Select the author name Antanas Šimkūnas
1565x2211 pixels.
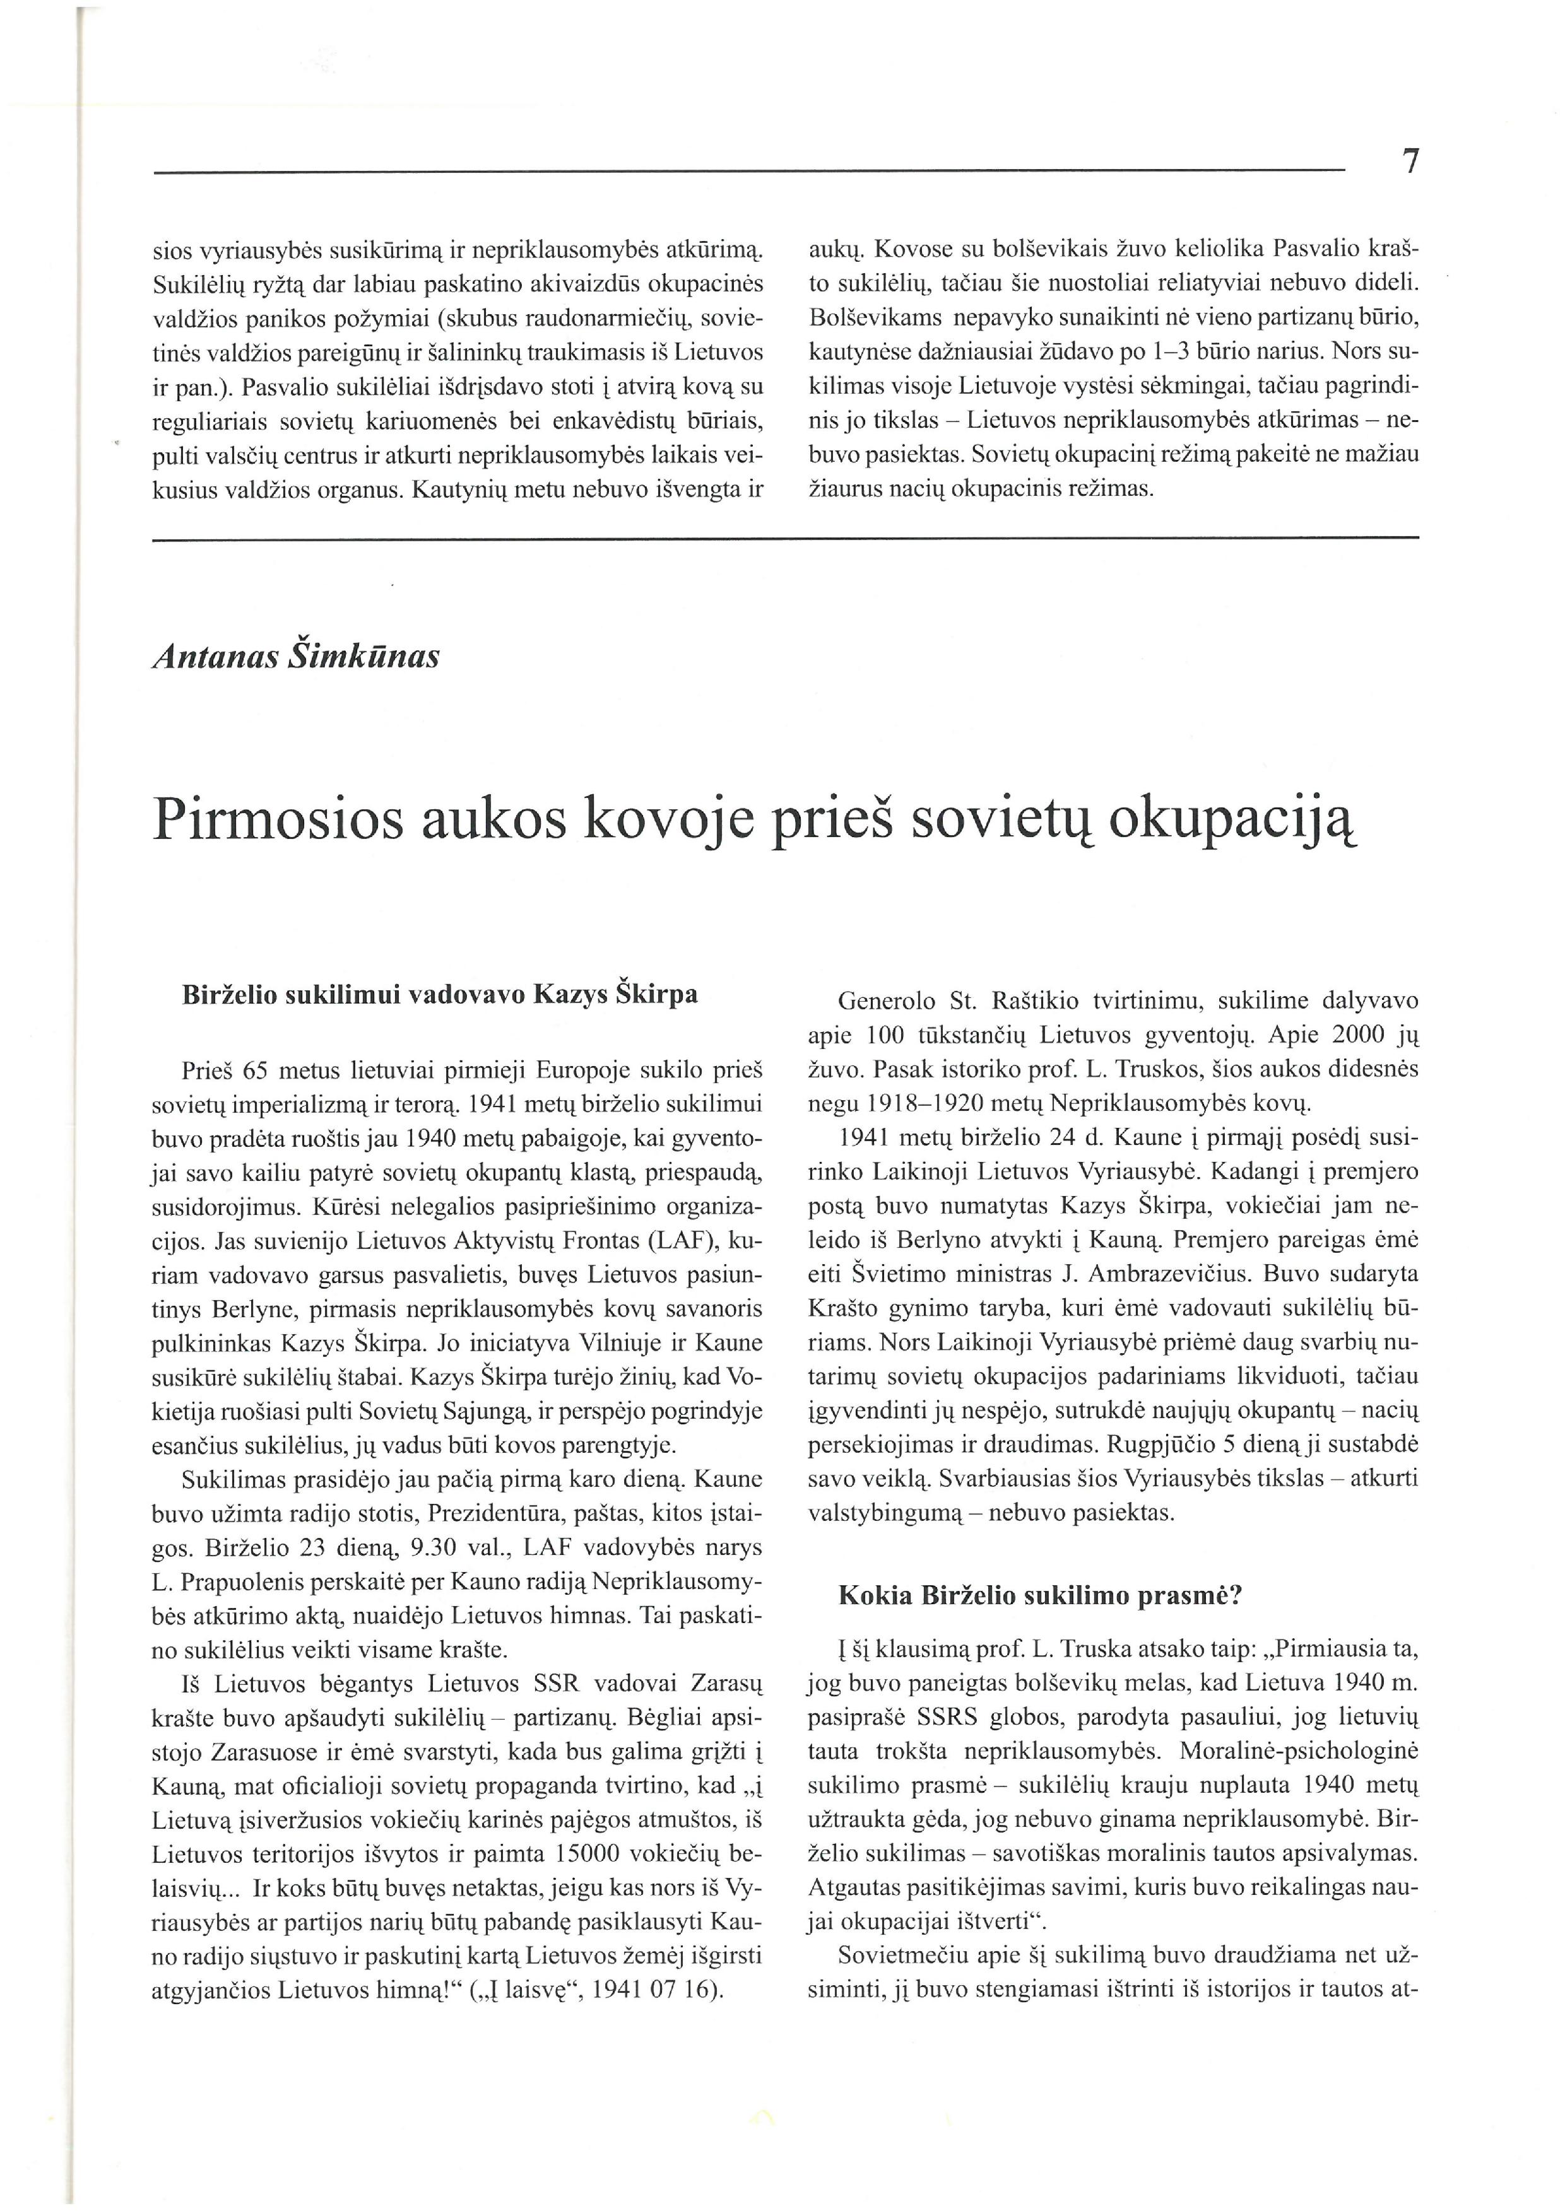pos(296,657)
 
